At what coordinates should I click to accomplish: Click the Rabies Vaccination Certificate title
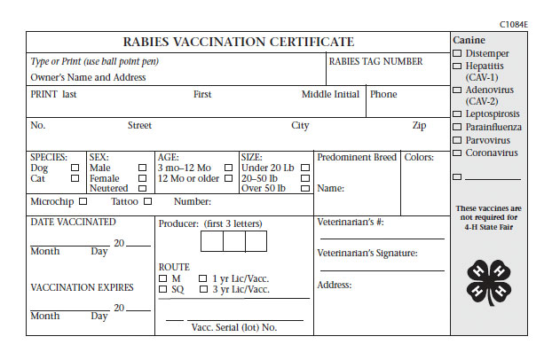pos(237,42)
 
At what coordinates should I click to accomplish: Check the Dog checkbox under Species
pos(75,168)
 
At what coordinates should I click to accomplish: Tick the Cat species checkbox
pos(75,178)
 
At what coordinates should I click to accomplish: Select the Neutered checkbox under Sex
pos(142,189)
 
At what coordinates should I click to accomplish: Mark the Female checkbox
pos(142,178)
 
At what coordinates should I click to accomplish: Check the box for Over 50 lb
pos(304,189)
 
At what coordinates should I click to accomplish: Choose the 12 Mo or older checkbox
pos(229,178)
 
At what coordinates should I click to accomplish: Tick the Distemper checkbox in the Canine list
pos(458,53)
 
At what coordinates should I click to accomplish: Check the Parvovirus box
pos(458,140)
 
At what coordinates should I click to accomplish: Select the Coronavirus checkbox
pos(458,153)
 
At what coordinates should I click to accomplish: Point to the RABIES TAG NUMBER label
pos(375,62)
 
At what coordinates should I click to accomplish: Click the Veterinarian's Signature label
pos(367,254)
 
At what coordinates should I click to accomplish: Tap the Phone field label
pos(383,95)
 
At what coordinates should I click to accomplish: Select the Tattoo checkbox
pos(146,202)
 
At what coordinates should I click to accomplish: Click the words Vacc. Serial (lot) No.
pos(234,327)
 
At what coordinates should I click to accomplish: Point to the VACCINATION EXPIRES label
pos(82,288)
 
